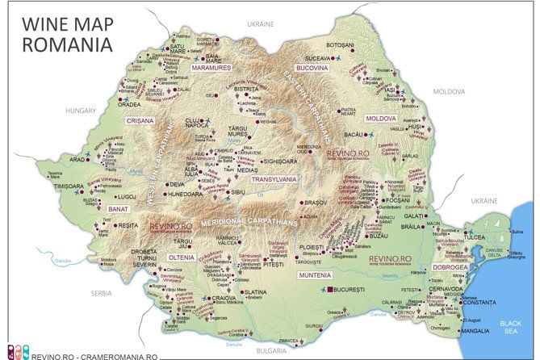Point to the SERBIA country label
(101, 293)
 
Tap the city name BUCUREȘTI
(356, 288)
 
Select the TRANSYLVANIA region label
(274, 179)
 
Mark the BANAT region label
(117, 209)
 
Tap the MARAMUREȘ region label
(211, 67)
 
